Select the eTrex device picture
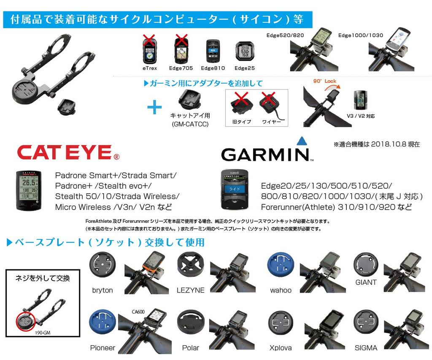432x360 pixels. (x=150, y=50)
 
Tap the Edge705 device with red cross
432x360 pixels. (x=181, y=50)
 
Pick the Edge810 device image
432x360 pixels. (x=213, y=51)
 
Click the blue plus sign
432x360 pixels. (x=154, y=108)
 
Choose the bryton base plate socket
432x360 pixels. (x=102, y=265)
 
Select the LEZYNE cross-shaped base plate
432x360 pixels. (x=190, y=265)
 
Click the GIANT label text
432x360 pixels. (x=366, y=282)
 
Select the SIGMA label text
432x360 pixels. (x=366, y=348)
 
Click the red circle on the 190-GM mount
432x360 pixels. (x=26, y=322)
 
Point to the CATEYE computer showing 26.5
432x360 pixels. (x=30, y=190)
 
